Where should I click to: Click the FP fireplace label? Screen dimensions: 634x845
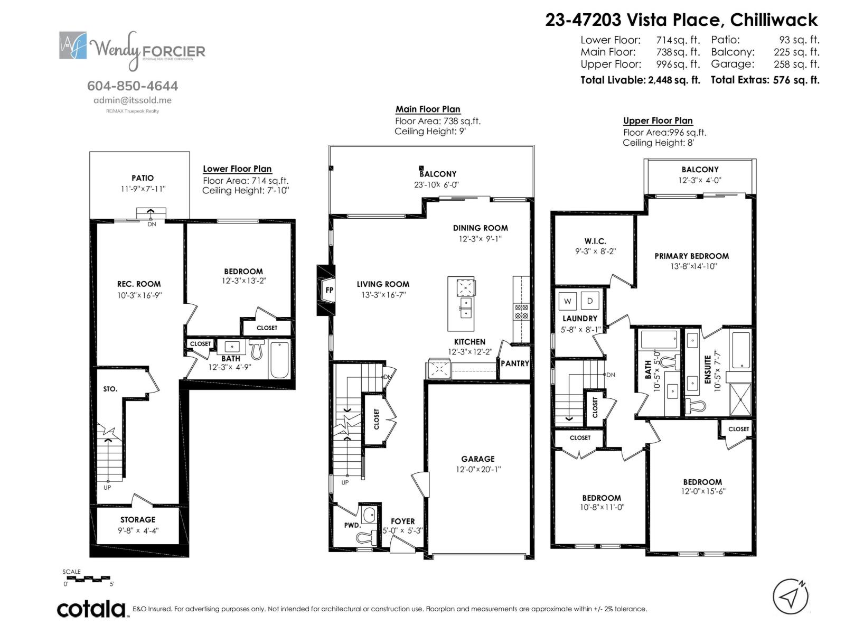pos(329,291)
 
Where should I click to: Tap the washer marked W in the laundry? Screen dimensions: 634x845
pos(568,301)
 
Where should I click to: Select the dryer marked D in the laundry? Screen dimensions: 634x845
pos(590,301)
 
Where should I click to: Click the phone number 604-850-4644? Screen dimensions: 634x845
pos(133,86)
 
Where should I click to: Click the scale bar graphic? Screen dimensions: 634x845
pos(87,579)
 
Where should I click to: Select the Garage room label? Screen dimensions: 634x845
pos(477,459)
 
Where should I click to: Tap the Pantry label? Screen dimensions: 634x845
pos(514,363)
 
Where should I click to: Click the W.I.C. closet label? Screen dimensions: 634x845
pos(595,241)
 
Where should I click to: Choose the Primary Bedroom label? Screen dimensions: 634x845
pos(691,256)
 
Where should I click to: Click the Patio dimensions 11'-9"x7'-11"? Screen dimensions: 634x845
pos(143,189)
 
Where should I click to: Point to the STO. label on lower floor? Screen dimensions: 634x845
pos(110,389)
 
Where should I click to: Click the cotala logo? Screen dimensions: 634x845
pos(91,609)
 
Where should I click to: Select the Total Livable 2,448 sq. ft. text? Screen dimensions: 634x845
pos(640,80)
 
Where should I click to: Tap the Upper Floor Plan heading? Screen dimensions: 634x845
pos(658,120)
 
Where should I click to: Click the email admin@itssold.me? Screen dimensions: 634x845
pos(133,100)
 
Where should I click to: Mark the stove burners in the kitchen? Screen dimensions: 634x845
pos(521,311)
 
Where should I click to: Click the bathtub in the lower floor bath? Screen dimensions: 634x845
pos(279,360)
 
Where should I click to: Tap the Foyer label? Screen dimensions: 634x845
pos(402,521)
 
